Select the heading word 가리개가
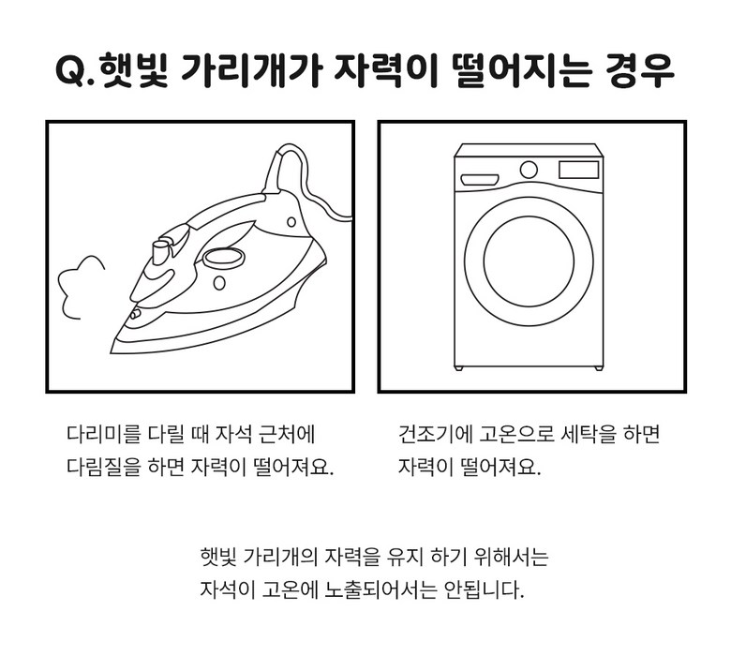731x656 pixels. [x=251, y=71]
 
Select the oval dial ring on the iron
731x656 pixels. [x=223, y=258]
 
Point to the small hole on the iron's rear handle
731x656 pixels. [x=291, y=222]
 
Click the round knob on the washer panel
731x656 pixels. [x=529, y=170]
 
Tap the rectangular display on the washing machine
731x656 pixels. [x=578, y=170]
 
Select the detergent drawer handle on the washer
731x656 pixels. [x=480, y=180]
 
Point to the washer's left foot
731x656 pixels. [x=459, y=368]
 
